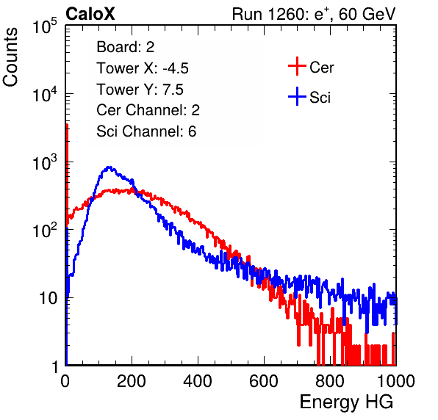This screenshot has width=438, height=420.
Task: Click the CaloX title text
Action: pyautogui.click(x=90, y=14)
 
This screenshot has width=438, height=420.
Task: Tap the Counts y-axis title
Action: pyautogui.click(x=10, y=57)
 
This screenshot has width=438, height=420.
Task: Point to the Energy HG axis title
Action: pyautogui.click(x=346, y=402)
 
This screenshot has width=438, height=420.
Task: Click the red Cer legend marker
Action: pyautogui.click(x=297, y=66)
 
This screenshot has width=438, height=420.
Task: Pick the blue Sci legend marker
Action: pyautogui.click(x=297, y=96)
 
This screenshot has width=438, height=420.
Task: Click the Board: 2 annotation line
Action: pyautogui.click(x=126, y=47)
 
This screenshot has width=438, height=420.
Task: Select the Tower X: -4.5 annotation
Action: pyautogui.click(x=143, y=68)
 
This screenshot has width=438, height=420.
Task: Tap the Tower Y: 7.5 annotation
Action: pyautogui.click(x=140, y=90)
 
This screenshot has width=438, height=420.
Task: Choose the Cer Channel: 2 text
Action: pyautogui.click(x=148, y=110)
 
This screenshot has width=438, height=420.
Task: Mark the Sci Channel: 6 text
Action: pyautogui.click(x=146, y=131)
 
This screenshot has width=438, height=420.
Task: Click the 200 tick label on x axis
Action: pyautogui.click(x=132, y=381)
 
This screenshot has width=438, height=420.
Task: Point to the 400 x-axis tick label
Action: pyautogui.click(x=198, y=381)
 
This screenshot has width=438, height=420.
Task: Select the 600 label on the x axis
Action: pyautogui.click(x=264, y=381)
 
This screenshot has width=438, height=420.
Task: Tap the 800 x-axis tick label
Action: pyautogui.click(x=330, y=381)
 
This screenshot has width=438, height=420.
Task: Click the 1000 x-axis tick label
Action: pyautogui.click(x=396, y=381)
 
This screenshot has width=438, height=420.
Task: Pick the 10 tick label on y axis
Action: pyautogui.click(x=48, y=298)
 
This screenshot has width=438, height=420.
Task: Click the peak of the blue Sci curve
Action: pyautogui.click(x=109, y=167)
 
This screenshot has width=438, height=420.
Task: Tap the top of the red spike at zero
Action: pyautogui.click(x=67, y=125)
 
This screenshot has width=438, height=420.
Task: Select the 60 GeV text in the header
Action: pyautogui.click(x=367, y=14)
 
